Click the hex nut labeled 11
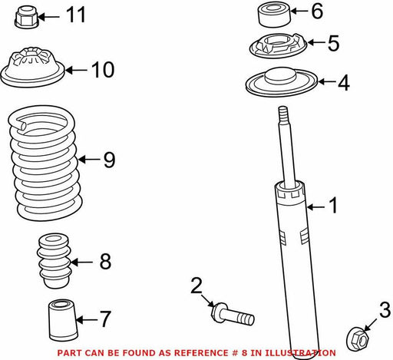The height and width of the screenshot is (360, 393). (x=27, y=17)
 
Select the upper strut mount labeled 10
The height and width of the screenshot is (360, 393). (x=32, y=67)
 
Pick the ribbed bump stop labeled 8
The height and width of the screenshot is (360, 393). (x=54, y=260)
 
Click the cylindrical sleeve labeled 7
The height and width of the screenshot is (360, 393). (x=63, y=320)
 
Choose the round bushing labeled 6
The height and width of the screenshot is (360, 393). (x=274, y=15)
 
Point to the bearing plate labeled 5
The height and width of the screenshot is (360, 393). (x=278, y=45)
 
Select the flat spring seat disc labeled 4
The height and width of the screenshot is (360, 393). (x=282, y=82)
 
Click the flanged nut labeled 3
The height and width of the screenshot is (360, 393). (x=358, y=339)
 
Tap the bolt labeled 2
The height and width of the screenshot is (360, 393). (x=233, y=314)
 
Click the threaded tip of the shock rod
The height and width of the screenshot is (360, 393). (x=283, y=114)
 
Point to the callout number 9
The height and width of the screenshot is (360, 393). (x=110, y=160)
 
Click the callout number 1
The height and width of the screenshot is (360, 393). (x=333, y=205)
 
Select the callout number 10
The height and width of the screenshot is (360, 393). (x=103, y=70)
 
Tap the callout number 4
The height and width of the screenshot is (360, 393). (x=344, y=82)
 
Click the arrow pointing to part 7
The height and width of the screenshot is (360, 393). (x=87, y=319)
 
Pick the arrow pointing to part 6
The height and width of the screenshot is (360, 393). (x=299, y=11)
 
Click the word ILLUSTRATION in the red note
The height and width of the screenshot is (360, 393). (x=299, y=353)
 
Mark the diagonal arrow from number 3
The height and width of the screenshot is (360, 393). (x=370, y=325)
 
